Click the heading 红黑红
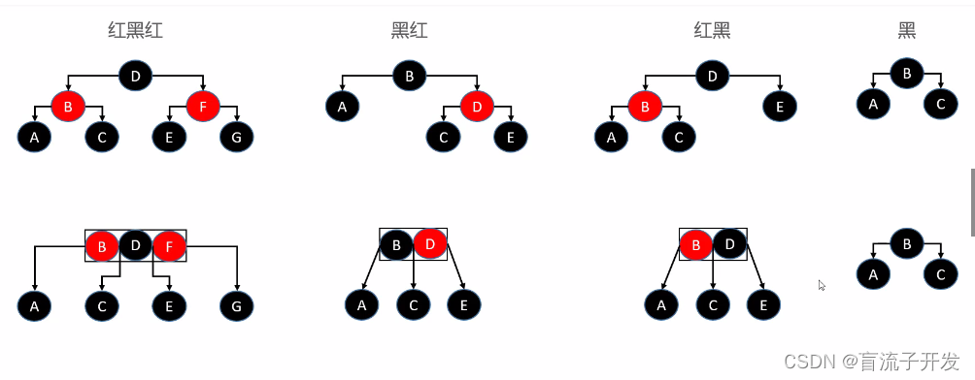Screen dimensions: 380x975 (135, 30)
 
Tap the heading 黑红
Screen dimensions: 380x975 (409, 30)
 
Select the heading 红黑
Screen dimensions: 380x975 (712, 30)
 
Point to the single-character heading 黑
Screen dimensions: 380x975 (906, 30)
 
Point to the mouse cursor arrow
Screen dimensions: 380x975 (822, 285)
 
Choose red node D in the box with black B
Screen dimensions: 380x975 (430, 244)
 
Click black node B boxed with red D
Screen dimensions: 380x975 (396, 244)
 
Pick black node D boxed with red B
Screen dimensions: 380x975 (729, 244)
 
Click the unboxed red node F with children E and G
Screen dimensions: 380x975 (202, 106)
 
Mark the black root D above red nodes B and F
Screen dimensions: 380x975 (135, 75)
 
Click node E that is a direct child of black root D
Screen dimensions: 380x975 (780, 106)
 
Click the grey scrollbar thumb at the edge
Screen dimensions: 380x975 (972, 202)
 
